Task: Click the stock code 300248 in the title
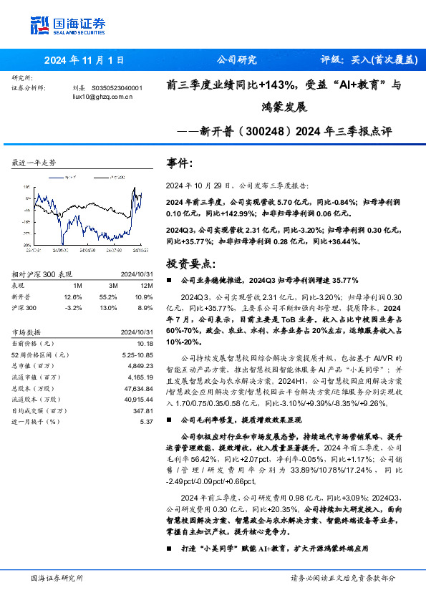[243, 132]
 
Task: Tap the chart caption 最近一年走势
[34, 163]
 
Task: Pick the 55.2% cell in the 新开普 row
[108, 296]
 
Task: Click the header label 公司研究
[236, 61]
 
